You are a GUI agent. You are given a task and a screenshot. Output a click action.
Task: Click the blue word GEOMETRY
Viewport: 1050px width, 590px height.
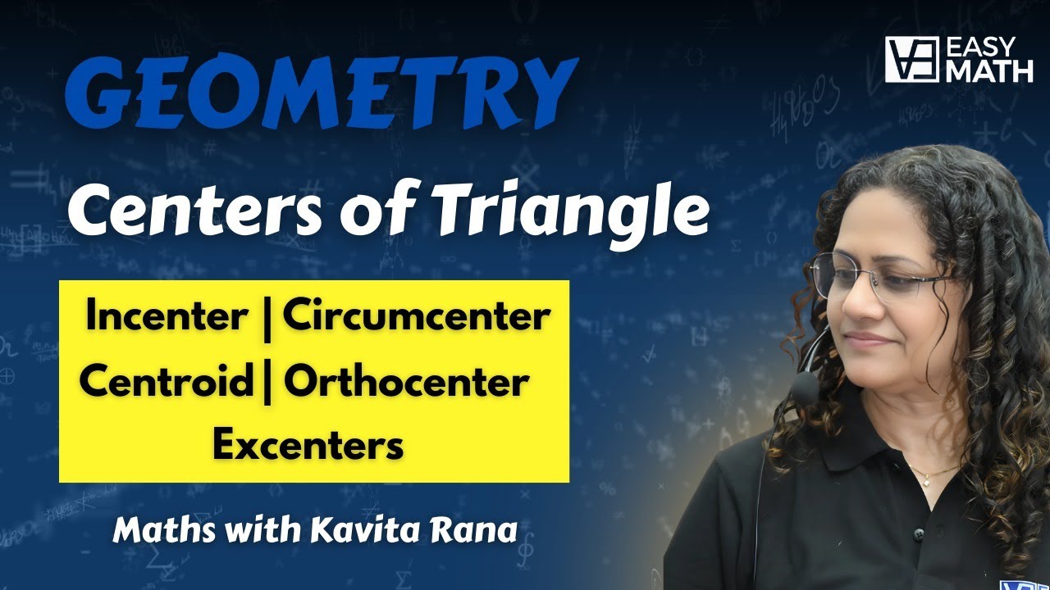tap(322, 92)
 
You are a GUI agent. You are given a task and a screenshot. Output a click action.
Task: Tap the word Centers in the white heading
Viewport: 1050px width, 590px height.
tap(195, 211)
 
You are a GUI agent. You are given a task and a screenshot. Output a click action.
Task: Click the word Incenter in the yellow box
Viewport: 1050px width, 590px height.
tap(167, 317)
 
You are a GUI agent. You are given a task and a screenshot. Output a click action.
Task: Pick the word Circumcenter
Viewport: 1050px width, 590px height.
tap(417, 317)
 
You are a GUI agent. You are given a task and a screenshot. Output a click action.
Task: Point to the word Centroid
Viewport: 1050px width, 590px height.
tap(167, 380)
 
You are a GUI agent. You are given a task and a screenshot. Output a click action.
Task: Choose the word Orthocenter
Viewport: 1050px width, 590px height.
tap(406, 380)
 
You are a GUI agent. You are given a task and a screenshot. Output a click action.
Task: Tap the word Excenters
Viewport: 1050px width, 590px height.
tap(308, 445)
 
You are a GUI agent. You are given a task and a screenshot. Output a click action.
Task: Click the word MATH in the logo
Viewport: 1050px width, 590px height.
tap(990, 70)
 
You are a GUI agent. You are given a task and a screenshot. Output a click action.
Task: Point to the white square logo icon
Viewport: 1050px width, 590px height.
tap(911, 60)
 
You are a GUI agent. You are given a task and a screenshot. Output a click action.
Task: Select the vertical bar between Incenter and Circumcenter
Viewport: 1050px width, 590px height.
tap(267, 320)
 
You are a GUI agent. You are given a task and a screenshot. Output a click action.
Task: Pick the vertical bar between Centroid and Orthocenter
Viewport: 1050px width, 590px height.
tap(267, 383)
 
